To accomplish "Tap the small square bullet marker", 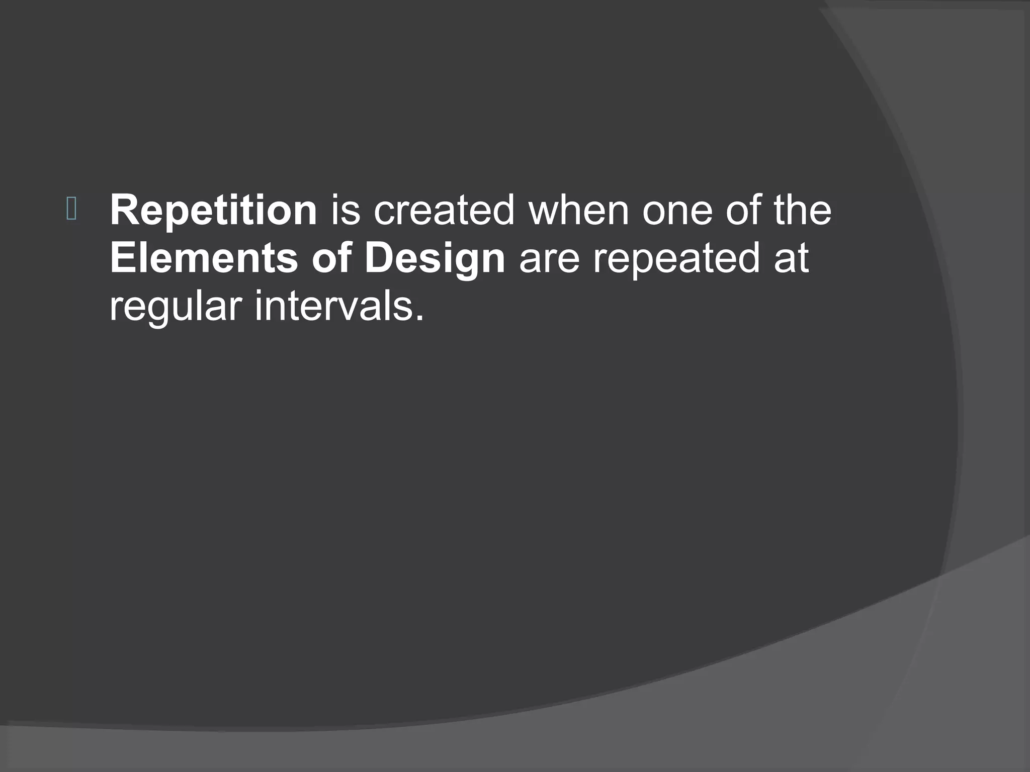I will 71,210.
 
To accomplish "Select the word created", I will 444,210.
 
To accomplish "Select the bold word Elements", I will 204,259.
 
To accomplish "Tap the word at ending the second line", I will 791,259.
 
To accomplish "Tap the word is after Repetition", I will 346,210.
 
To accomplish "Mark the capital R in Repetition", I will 122,210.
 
